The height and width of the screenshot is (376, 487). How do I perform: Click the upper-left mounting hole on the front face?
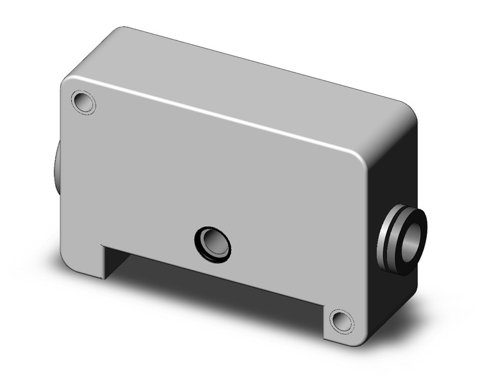pos(84,102)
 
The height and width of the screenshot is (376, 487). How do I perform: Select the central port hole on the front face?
pos(213,244)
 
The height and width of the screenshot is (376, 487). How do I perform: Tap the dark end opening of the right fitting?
pos(413,240)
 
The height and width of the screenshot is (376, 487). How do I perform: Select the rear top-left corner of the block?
pos(119,31)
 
